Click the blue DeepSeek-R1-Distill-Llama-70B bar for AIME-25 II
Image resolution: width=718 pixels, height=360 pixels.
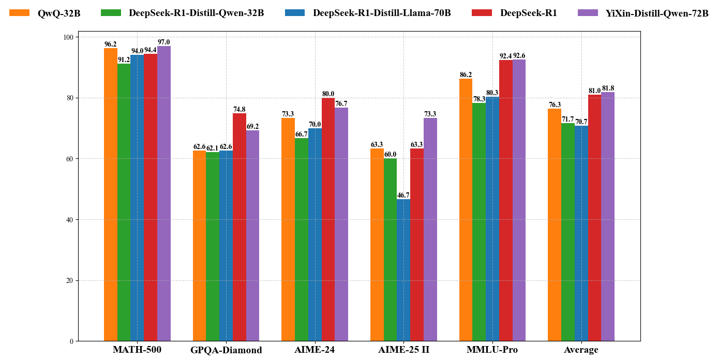click(403, 270)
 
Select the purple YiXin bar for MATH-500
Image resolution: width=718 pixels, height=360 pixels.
click(164, 193)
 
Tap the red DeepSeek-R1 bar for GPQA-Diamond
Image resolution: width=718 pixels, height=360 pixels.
click(240, 227)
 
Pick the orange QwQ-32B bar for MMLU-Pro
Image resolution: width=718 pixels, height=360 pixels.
click(466, 209)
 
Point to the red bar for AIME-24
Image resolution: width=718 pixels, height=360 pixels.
click(328, 219)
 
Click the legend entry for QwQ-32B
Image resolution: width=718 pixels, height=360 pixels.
click(58, 13)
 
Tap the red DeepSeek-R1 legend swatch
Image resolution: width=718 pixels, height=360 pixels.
click(481, 13)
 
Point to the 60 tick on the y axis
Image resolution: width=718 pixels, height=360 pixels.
click(69, 159)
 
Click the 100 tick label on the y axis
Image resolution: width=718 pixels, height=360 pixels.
click(68, 37)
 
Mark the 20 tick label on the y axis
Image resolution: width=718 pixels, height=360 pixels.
click(69, 280)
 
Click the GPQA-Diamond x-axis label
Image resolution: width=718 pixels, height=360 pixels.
click(226, 350)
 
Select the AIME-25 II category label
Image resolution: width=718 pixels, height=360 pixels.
click(403, 350)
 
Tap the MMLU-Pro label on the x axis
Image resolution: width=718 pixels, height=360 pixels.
click(492, 350)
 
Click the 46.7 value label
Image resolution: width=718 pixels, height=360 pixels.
click(403, 195)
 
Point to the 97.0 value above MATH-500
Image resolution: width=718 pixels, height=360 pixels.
click(164, 42)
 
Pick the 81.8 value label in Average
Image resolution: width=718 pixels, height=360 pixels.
click(608, 88)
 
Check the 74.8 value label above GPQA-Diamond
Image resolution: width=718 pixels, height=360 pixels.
click(240, 109)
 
